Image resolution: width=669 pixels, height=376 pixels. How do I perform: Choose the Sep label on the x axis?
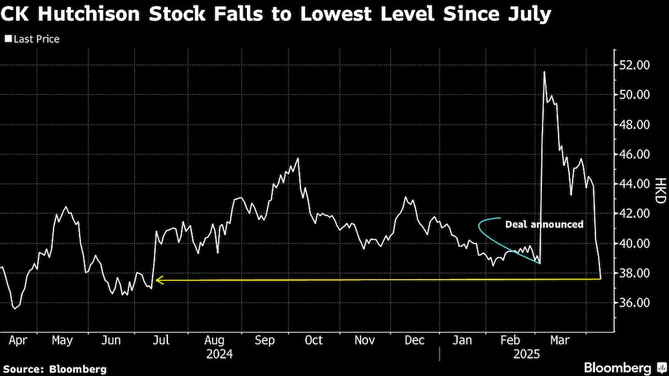tap(265, 341)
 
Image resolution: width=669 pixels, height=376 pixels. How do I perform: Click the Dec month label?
tap(415, 341)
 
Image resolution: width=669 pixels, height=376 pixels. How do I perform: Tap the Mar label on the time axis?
tap(559, 341)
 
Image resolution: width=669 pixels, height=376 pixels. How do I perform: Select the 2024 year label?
tap(220, 353)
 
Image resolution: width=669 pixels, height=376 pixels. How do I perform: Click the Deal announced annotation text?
tap(544, 225)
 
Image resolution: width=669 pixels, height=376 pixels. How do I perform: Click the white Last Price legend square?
tap(7, 39)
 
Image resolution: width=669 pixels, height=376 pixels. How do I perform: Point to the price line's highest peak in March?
tap(544, 72)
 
